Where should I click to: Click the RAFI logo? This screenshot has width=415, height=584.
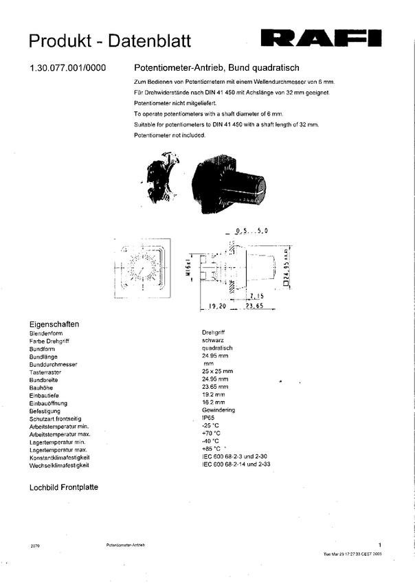coord(324,38)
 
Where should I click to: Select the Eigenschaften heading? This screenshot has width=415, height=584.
coord(54,324)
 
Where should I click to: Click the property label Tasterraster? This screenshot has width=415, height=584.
coord(45,371)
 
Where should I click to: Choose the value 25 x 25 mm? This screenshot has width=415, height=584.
coord(217,371)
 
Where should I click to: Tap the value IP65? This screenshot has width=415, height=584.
coord(208,417)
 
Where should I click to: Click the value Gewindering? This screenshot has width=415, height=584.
coord(218,409)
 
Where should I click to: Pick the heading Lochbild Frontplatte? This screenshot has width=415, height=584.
coord(63,487)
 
